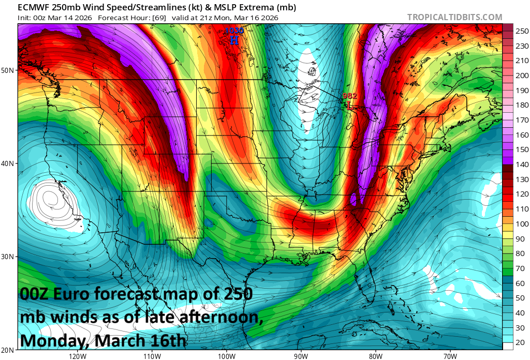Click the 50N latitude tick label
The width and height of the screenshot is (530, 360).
pyautogui.click(x=8, y=70)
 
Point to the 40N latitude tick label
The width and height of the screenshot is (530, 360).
pyautogui.click(x=8, y=163)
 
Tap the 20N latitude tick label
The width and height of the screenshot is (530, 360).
pyautogui.click(x=8, y=350)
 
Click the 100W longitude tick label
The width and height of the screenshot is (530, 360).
pyautogui.click(x=226, y=356)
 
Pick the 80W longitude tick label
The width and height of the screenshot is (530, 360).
pyautogui.click(x=376, y=356)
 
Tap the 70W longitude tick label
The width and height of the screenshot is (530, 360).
pyautogui.click(x=450, y=356)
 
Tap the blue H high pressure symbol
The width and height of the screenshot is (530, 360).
pyautogui.click(x=234, y=40)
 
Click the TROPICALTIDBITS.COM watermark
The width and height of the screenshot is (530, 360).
pyautogui.click(x=454, y=17)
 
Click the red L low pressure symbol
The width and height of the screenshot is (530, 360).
pyautogui.click(x=349, y=105)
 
